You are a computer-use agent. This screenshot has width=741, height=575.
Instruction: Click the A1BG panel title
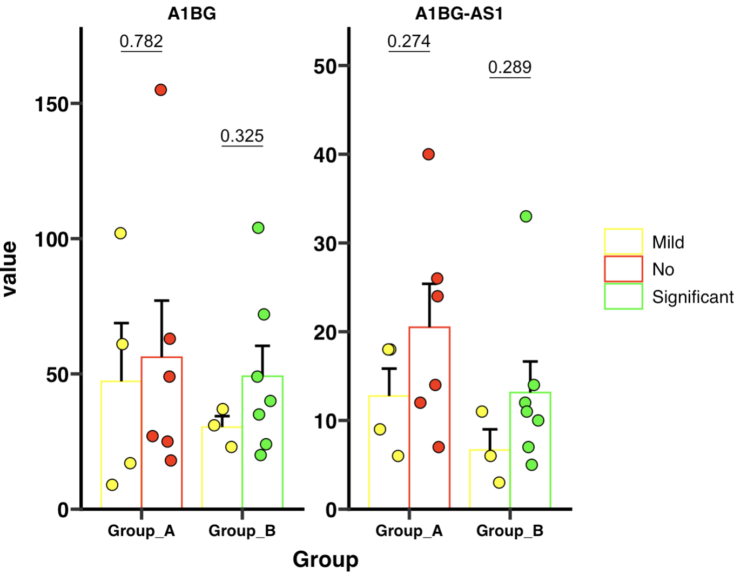click(x=192, y=13)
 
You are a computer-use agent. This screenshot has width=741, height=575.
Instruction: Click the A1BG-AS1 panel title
click(x=459, y=13)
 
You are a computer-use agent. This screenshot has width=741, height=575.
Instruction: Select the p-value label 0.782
click(x=141, y=41)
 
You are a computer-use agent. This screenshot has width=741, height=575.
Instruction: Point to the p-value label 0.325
click(x=242, y=136)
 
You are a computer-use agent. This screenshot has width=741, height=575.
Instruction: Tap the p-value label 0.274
click(x=409, y=41)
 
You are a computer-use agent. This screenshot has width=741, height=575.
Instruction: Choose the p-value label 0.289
click(x=510, y=67)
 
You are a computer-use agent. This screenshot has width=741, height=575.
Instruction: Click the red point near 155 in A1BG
click(x=160, y=90)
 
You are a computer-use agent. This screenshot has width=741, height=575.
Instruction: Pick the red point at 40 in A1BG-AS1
click(x=428, y=154)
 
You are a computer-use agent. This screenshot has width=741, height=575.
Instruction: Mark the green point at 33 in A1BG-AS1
click(x=526, y=216)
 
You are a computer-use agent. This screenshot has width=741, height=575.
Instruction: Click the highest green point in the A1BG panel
click(x=258, y=228)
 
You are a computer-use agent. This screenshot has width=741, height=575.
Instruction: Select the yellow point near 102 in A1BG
click(x=120, y=233)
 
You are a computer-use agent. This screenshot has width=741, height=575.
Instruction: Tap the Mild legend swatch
click(x=623, y=242)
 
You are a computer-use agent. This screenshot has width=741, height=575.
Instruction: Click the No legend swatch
click(x=623, y=269)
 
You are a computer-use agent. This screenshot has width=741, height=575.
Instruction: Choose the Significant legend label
click(x=692, y=297)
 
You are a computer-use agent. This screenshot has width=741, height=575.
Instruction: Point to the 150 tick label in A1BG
click(x=51, y=104)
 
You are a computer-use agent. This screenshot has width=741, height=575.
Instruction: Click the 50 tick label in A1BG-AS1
click(x=325, y=66)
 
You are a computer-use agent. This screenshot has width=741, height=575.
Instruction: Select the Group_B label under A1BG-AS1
click(x=510, y=531)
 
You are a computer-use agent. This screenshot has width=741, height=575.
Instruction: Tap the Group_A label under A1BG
click(x=141, y=531)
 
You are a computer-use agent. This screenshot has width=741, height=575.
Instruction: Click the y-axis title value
click(x=10, y=269)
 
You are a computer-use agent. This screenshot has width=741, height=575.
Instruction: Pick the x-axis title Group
click(x=325, y=559)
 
